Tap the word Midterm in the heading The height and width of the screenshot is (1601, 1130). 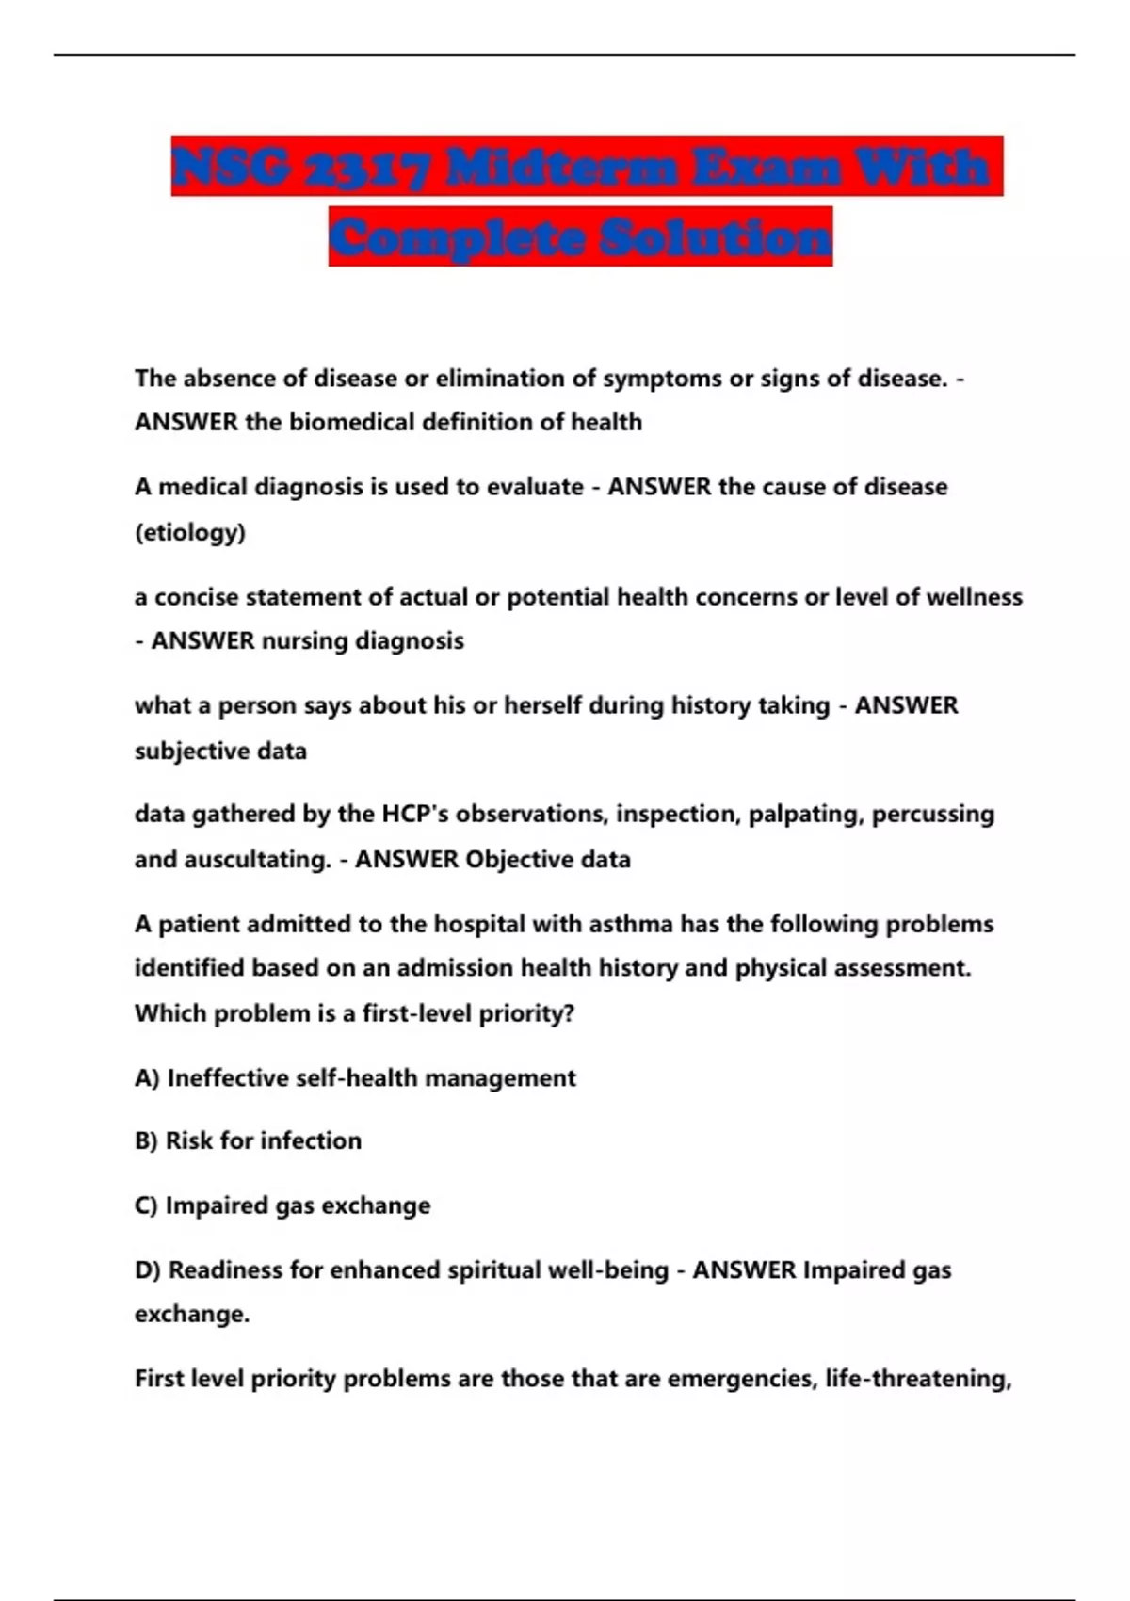[x=562, y=168]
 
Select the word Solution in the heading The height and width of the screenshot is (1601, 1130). [x=715, y=237]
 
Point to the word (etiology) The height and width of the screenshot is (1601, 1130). [x=190, y=532]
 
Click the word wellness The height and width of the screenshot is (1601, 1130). [x=975, y=597]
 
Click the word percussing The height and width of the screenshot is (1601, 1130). [x=932, y=814]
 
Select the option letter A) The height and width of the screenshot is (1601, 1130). [x=147, y=1078]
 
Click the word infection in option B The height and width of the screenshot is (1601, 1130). [x=311, y=1140]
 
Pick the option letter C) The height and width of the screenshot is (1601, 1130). [x=146, y=1205]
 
